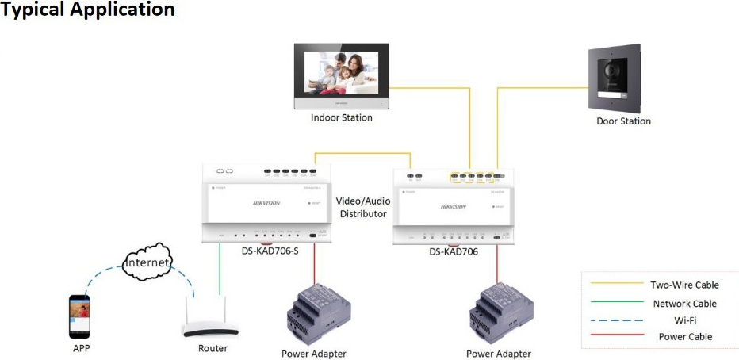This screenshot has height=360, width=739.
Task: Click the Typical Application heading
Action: [x=87, y=11]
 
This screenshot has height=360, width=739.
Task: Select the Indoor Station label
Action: [x=342, y=117]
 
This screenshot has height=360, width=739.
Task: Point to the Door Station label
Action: [x=623, y=121]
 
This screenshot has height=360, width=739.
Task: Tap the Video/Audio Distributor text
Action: [x=361, y=208]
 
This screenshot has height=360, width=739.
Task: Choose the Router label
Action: [x=213, y=348]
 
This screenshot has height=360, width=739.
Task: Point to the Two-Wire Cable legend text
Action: [x=684, y=285]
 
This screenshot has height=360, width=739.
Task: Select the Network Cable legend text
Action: [x=684, y=304]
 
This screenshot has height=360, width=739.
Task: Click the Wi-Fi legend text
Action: [x=684, y=320]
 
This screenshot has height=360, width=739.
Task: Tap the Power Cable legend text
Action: [x=684, y=337]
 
